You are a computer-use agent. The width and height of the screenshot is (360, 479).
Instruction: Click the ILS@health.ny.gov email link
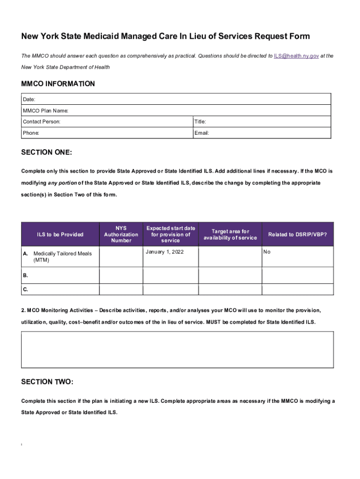point(296,56)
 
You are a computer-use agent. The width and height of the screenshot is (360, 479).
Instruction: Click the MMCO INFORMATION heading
point(58,84)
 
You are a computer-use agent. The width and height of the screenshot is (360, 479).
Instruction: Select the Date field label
point(29,99)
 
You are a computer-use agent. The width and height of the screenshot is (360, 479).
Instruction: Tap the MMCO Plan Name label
point(45,110)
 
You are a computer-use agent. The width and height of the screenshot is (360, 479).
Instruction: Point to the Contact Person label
point(42,122)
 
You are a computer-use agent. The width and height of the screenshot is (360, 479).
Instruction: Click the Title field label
point(200,122)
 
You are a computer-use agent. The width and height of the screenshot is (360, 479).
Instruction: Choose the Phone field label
point(31,133)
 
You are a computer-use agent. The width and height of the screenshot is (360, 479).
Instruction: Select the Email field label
point(202,133)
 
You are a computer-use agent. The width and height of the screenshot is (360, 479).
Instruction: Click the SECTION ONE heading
point(47,152)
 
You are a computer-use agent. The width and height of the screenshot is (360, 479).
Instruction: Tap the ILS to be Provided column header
point(60,234)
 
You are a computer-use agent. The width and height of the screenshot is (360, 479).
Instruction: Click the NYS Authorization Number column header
point(121,234)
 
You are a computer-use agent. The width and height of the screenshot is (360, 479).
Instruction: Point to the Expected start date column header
point(170,234)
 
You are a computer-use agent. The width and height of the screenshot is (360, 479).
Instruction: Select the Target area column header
point(230,234)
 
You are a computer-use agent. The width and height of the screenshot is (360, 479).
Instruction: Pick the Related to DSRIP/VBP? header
point(297,234)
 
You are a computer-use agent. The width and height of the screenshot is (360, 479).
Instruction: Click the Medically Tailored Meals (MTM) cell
point(63,257)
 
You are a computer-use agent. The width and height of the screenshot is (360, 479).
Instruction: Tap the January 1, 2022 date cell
point(165,252)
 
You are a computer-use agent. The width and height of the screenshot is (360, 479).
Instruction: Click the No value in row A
point(267,252)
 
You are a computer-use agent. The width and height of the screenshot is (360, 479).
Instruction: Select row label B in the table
point(25,275)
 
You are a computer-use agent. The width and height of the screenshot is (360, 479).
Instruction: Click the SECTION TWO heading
point(47,382)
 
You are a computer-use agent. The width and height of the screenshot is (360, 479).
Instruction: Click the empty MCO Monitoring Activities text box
point(177,349)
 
